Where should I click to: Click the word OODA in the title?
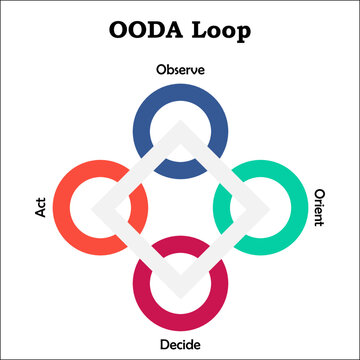[140, 28]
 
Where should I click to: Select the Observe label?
[180, 70]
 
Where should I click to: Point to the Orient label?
[319, 207]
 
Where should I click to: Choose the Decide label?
[180, 345]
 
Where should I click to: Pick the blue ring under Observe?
[180, 97]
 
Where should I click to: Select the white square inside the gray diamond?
[180, 207]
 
